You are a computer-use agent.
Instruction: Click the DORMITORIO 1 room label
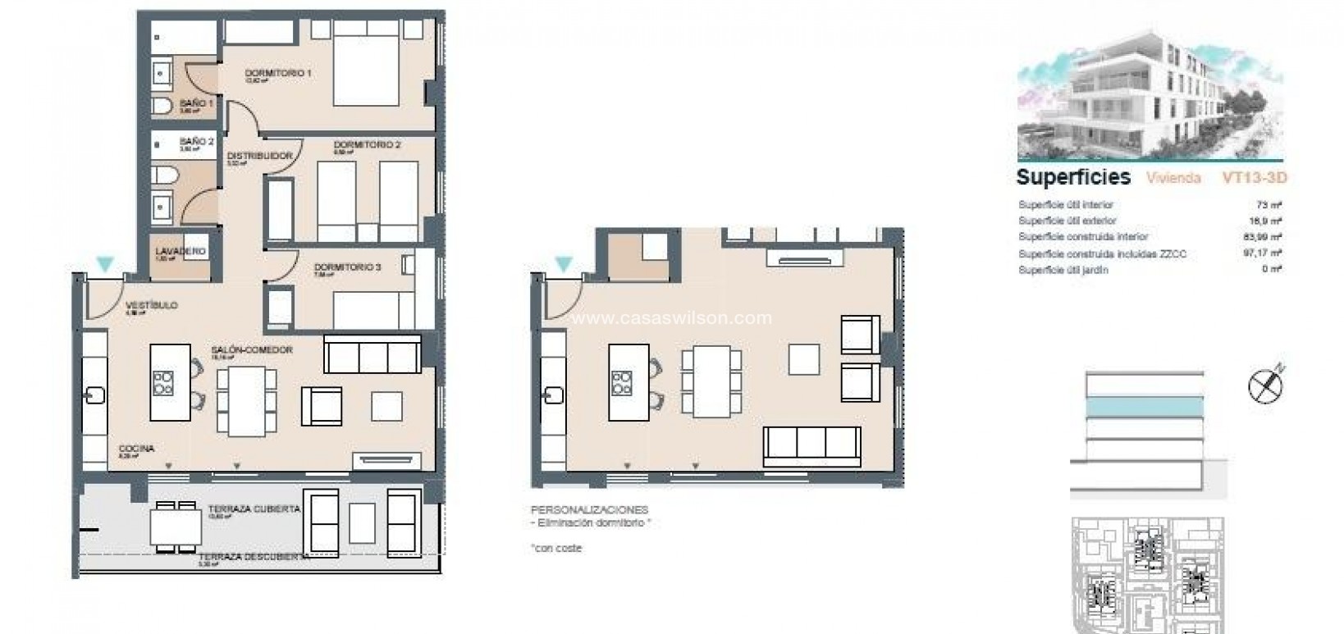(278, 74)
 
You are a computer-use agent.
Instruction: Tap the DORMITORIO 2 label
(367, 145)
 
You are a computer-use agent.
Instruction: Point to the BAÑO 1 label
(196, 104)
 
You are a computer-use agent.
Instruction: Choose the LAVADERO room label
(180, 251)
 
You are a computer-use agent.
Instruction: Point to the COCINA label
(136, 449)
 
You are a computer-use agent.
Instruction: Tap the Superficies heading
(1073, 177)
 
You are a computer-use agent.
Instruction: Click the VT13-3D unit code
(1255, 178)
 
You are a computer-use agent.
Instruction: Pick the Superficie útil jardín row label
(1063, 270)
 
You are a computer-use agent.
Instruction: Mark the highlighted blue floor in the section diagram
(1145, 408)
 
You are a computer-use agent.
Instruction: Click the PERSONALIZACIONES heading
(589, 510)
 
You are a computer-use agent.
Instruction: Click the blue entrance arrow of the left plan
(104, 264)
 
